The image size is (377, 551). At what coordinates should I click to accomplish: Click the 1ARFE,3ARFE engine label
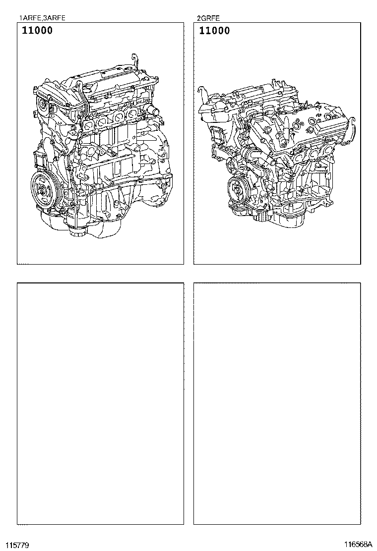click(x=42, y=18)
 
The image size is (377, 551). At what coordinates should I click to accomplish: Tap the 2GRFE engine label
click(x=208, y=18)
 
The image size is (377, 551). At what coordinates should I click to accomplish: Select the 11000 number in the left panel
click(x=37, y=30)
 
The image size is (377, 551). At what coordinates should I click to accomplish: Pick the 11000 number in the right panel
click(x=214, y=31)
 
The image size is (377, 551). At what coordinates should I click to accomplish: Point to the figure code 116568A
click(x=358, y=545)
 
